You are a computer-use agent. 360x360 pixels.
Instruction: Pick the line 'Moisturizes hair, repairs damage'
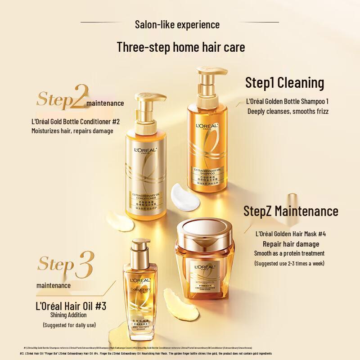pyautogui.click(x=72, y=131)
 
